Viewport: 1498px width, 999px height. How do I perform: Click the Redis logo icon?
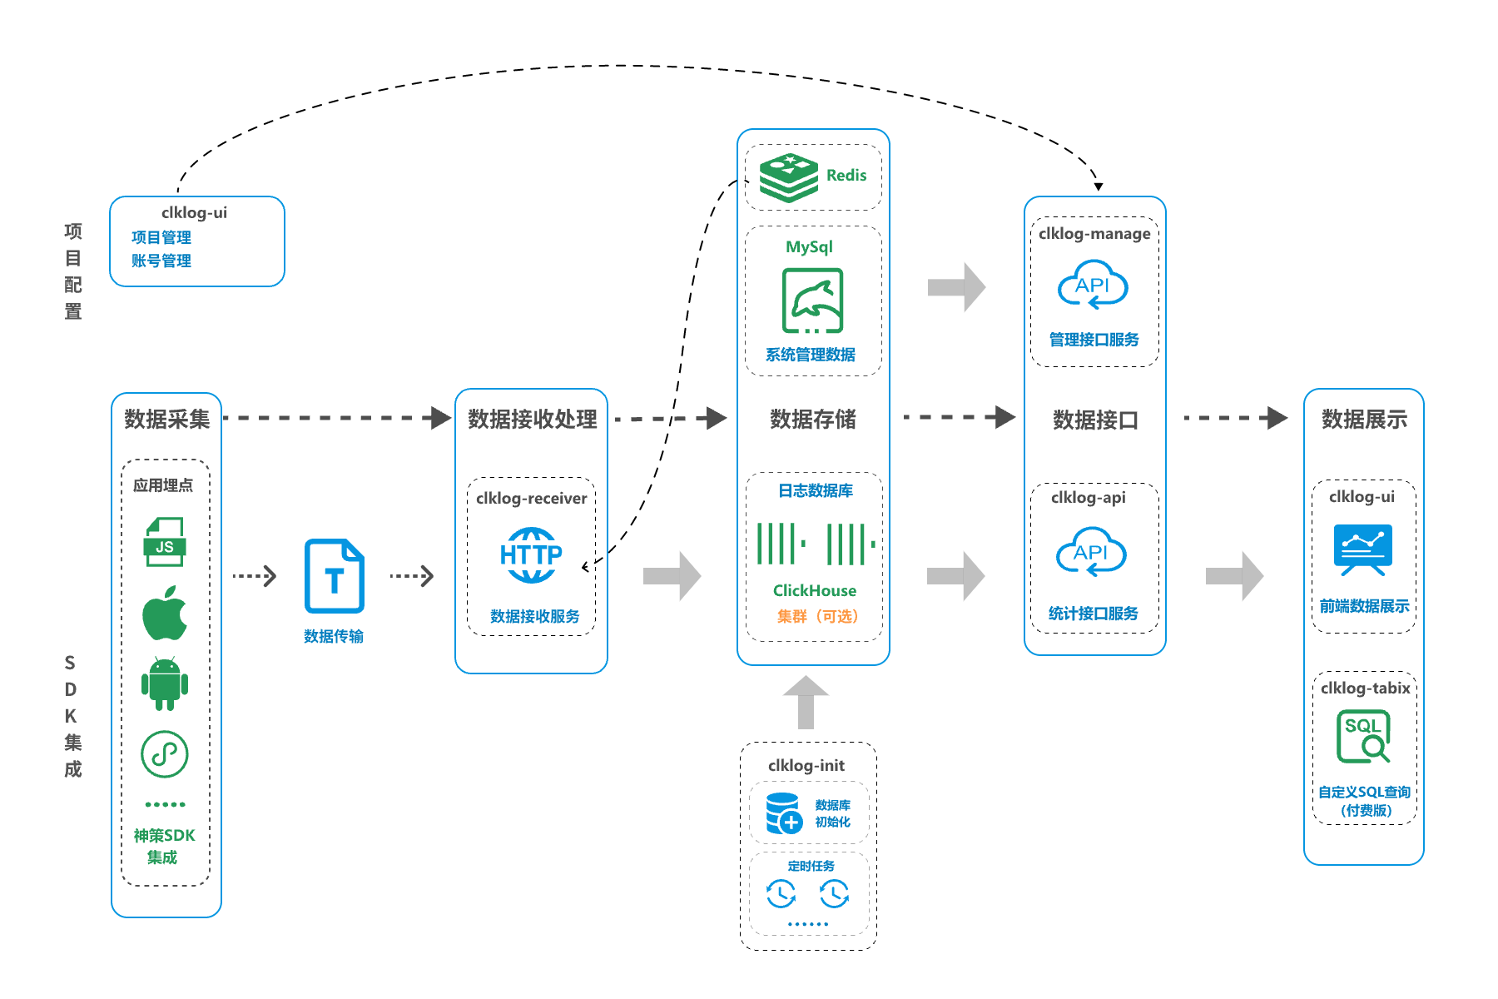tap(788, 176)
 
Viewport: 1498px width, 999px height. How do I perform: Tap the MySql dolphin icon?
tap(812, 301)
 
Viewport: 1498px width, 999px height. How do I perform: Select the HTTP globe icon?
tap(531, 554)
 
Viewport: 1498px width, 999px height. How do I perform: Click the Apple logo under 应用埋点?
tap(165, 614)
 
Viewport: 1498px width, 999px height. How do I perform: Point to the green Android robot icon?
tap(165, 683)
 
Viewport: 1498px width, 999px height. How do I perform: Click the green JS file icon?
tap(165, 542)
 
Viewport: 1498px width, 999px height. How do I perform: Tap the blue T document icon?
tap(334, 576)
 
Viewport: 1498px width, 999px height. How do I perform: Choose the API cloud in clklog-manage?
tap(1093, 286)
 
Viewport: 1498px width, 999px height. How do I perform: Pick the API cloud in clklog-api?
tap(1091, 552)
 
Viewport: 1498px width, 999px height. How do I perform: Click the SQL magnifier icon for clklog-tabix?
tap(1363, 736)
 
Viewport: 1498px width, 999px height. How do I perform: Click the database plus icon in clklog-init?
tap(783, 813)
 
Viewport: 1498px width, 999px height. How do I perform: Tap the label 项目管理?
tap(161, 237)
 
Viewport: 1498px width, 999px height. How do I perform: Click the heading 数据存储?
tap(813, 419)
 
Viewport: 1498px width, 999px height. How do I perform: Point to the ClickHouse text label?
tap(814, 590)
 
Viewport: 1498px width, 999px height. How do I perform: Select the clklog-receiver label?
tap(531, 498)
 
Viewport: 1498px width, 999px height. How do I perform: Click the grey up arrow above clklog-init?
tap(806, 702)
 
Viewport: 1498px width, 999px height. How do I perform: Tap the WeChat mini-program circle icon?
tap(165, 754)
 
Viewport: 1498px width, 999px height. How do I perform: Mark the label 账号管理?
tap(161, 261)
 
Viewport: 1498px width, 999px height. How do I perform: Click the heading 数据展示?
tap(1364, 419)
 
